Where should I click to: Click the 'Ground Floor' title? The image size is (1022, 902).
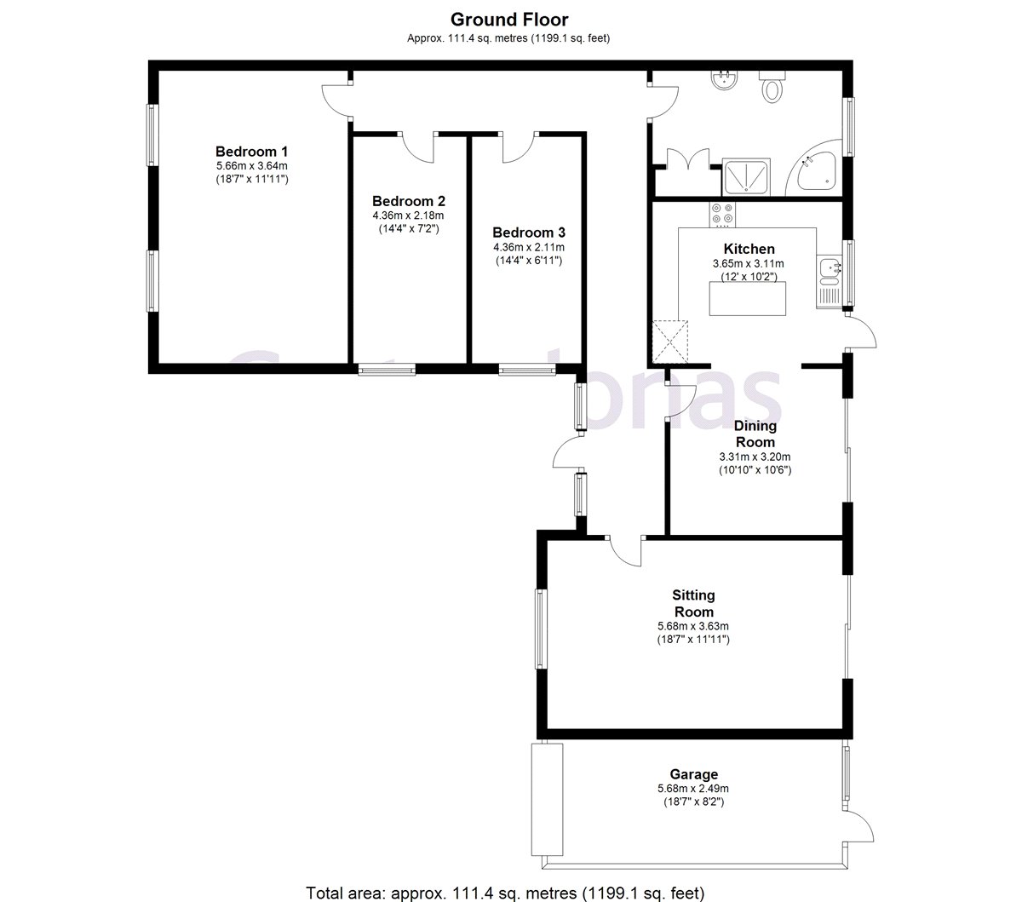click(509, 20)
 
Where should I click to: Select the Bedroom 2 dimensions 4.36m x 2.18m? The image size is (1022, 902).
click(409, 215)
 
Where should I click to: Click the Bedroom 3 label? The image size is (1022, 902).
click(528, 232)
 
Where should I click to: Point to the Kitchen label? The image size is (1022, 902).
click(749, 249)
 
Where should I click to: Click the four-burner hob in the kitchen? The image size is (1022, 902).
click(723, 213)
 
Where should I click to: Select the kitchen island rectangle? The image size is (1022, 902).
click(748, 298)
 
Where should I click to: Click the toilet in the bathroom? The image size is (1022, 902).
click(773, 87)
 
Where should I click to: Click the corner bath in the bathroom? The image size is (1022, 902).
click(816, 172)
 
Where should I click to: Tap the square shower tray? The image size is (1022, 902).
click(746, 177)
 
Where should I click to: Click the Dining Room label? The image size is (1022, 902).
click(755, 434)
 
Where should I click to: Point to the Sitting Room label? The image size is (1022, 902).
click(693, 603)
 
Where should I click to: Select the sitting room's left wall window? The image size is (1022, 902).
click(540, 629)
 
